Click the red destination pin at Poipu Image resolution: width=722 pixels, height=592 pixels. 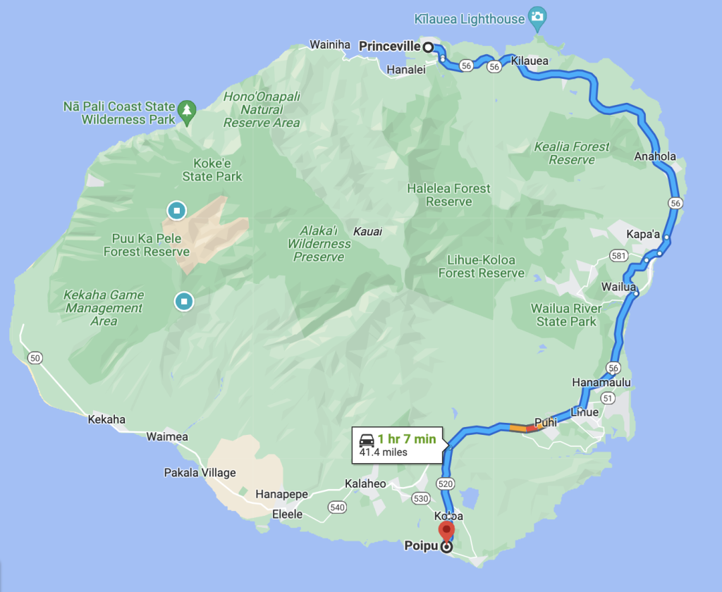(x=446, y=530)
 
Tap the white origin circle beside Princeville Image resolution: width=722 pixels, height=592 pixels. (x=427, y=47)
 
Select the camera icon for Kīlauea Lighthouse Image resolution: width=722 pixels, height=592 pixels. (x=538, y=17)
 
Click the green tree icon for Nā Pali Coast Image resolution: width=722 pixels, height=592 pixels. (x=187, y=109)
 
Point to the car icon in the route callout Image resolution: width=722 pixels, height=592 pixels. (x=367, y=440)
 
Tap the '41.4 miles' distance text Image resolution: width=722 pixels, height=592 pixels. (x=384, y=452)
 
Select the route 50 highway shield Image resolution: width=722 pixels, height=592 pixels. (x=35, y=359)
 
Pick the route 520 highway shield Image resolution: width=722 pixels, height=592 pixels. (x=444, y=483)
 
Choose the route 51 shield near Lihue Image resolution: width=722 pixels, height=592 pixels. (x=609, y=398)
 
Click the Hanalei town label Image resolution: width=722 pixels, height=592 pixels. (x=405, y=69)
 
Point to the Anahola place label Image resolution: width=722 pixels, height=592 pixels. (x=655, y=156)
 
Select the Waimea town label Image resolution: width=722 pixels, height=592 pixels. (x=167, y=437)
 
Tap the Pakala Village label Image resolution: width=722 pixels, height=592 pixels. (x=200, y=472)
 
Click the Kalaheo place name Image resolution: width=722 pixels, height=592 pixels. (x=365, y=483)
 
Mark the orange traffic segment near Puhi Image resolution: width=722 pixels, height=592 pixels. (x=518, y=427)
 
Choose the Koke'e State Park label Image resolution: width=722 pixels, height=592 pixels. (x=212, y=170)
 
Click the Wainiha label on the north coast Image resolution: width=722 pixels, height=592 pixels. (x=330, y=45)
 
